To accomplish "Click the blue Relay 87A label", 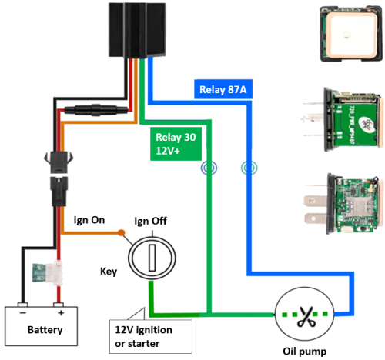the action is tap(223, 89).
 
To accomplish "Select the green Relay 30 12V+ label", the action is tap(176, 144).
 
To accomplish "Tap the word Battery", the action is tap(45, 330).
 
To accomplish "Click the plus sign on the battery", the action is tap(61, 313).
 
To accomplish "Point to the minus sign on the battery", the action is tap(23, 313).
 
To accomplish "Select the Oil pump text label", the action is tap(305, 352).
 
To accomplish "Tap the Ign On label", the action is tap(89, 220).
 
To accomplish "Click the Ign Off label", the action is tap(150, 221).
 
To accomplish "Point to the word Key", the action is tap(109, 272).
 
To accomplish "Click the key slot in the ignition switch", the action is tap(152, 258).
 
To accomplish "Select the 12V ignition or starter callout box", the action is tap(151, 336).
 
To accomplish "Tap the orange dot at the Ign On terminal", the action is tap(122, 233).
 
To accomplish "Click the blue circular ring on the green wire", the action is tap(209, 168).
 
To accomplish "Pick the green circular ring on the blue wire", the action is tap(249, 168).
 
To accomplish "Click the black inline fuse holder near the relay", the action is tap(95, 110).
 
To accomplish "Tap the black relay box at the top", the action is tap(137, 30).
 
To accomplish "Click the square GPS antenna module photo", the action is tap(351, 34).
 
